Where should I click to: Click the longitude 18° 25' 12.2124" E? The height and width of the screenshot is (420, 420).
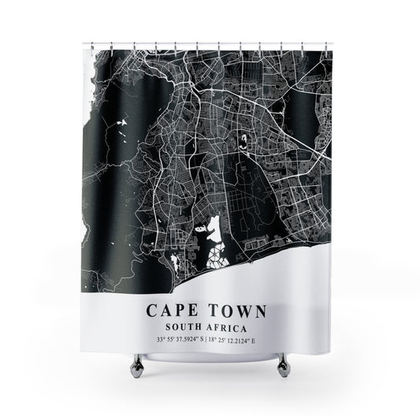247,340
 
